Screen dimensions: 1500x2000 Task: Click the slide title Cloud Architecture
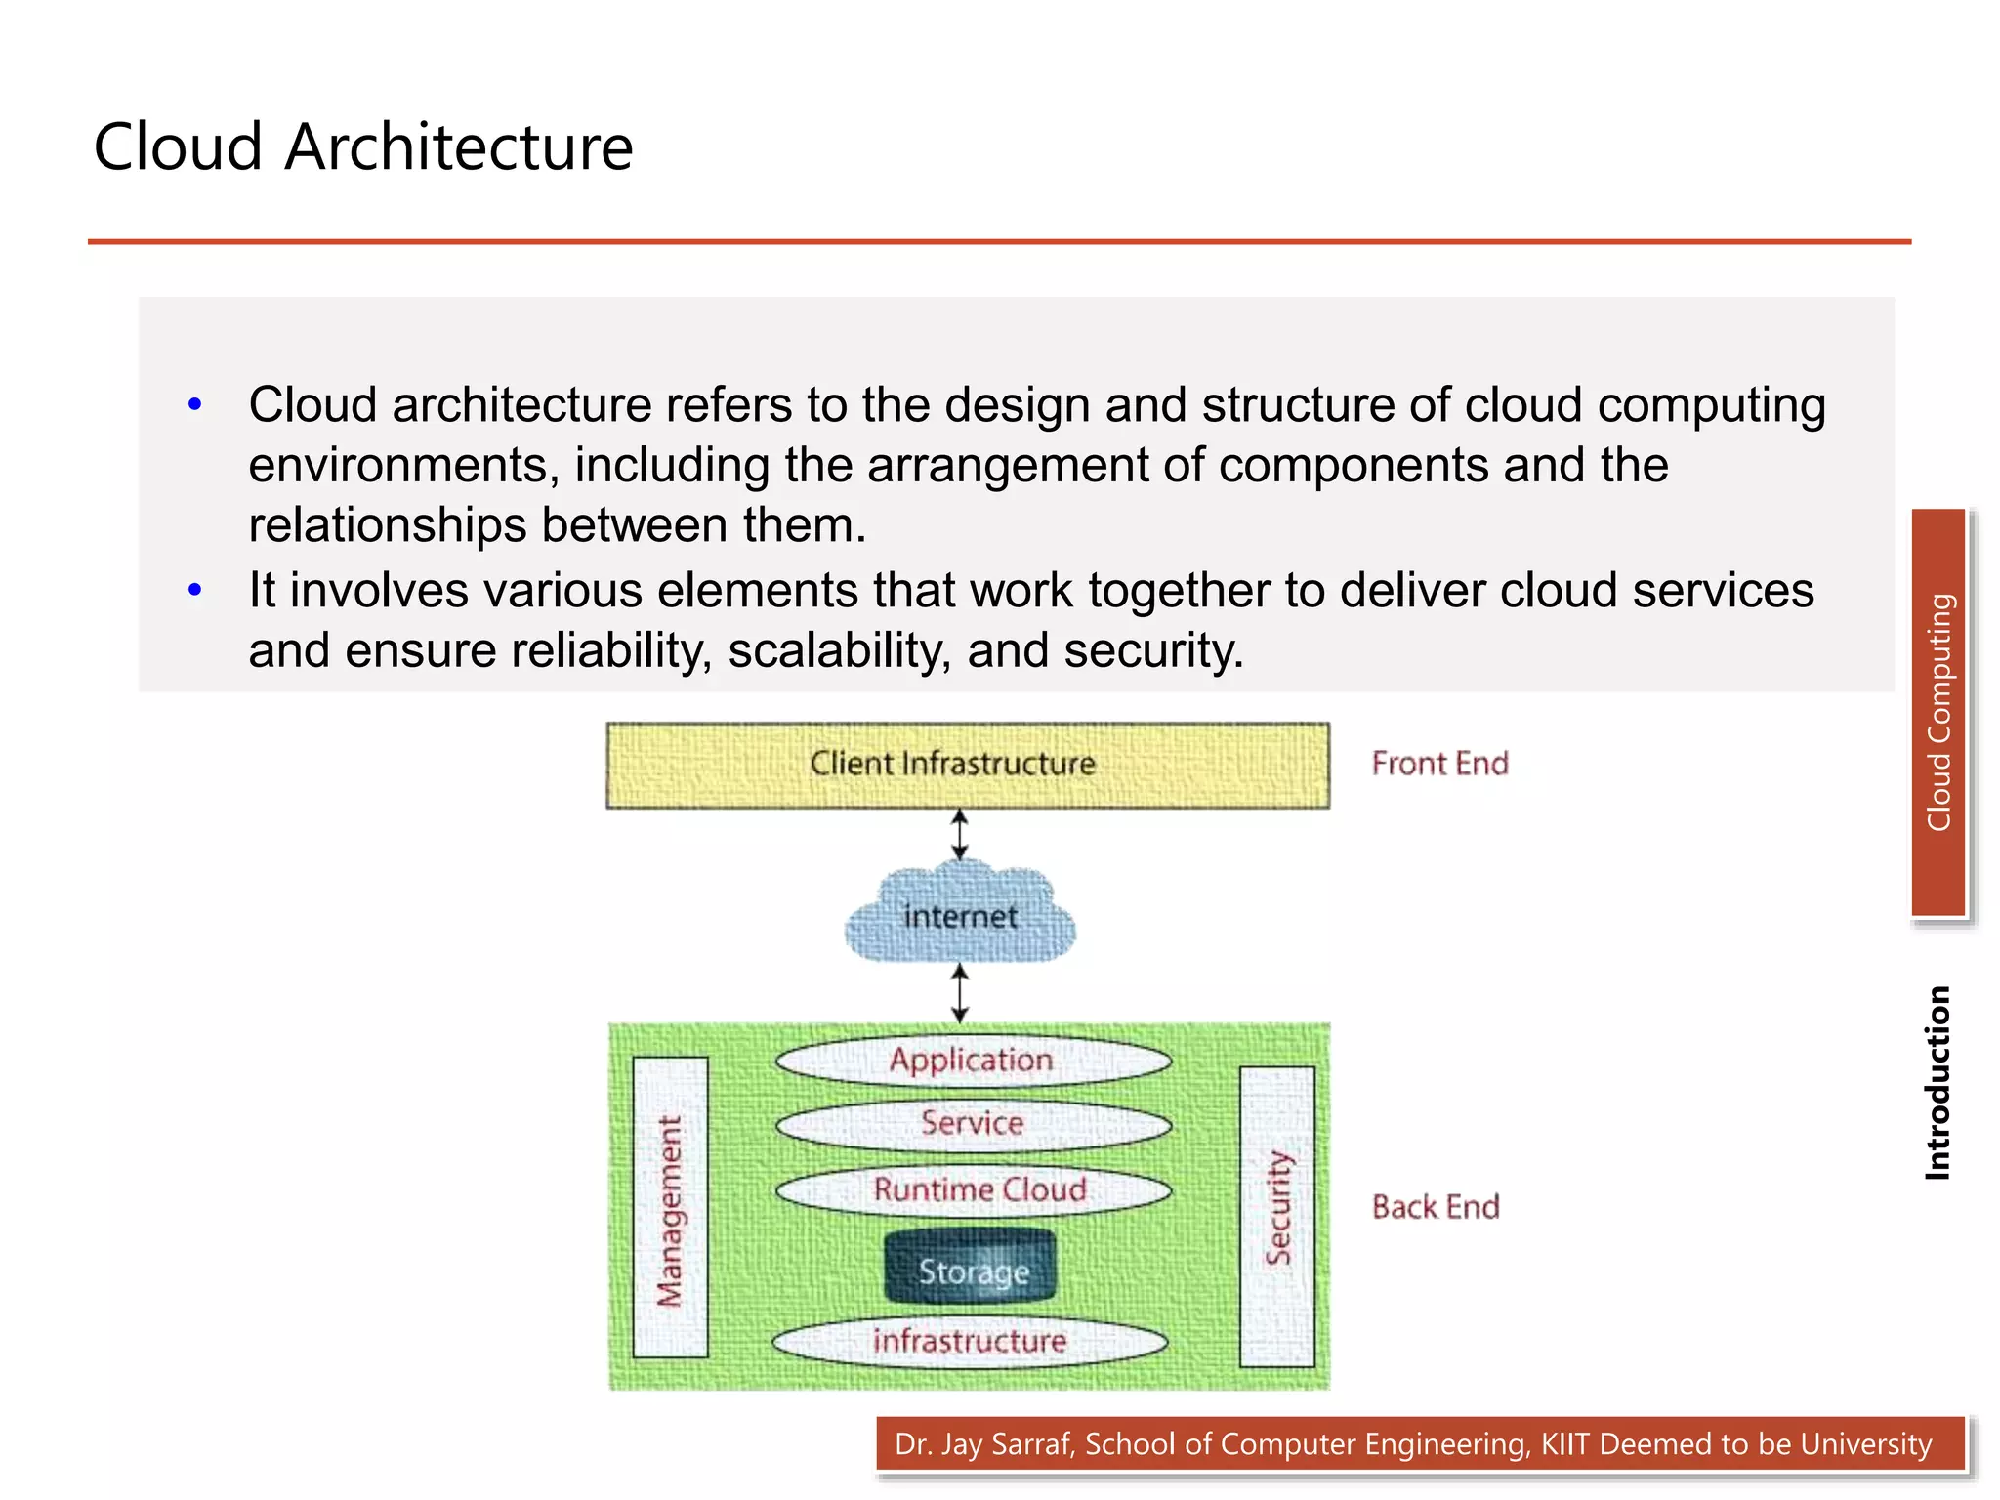(363, 147)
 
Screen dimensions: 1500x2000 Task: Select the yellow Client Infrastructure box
(967, 765)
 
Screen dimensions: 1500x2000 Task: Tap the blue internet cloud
(960, 915)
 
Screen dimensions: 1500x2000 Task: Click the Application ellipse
(973, 1061)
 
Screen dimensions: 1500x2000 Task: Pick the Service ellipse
(973, 1124)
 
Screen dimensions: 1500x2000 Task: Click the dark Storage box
(971, 1268)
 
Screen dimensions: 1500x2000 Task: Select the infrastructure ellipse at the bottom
(969, 1341)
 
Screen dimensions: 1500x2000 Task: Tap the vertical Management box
(670, 1208)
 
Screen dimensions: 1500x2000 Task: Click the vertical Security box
(1277, 1216)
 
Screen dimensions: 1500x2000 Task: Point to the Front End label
(1439, 763)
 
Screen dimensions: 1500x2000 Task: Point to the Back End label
(1435, 1207)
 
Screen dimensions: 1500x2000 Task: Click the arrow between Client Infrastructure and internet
(960, 834)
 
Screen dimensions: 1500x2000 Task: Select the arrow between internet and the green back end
(960, 993)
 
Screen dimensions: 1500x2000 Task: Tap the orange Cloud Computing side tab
(1938, 712)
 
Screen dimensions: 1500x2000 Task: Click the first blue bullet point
(195, 404)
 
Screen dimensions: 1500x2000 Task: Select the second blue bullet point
(195, 590)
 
